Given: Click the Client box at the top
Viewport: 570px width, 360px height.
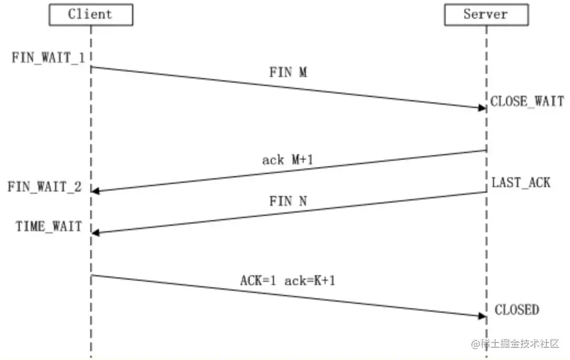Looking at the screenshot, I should pyautogui.click(x=91, y=14).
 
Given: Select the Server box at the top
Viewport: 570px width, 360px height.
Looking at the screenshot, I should pyautogui.click(x=486, y=14).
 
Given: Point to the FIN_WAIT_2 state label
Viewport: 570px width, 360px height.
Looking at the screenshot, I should pyautogui.click(x=45, y=187).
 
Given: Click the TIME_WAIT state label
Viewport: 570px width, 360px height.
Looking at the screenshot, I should pyautogui.click(x=48, y=226).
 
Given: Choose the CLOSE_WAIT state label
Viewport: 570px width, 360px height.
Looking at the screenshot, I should pyautogui.click(x=527, y=101).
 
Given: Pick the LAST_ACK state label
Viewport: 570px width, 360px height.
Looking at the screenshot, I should pyautogui.click(x=520, y=182).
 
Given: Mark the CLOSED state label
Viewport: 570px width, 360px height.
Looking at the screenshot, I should pyautogui.click(x=517, y=310).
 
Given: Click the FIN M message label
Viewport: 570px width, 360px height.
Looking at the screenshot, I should pyautogui.click(x=288, y=73).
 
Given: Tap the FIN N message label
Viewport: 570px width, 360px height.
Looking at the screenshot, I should pyautogui.click(x=288, y=201).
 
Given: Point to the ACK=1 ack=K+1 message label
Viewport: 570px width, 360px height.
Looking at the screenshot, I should pyautogui.click(x=288, y=280).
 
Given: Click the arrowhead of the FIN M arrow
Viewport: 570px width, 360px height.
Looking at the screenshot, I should pyautogui.click(x=482, y=107).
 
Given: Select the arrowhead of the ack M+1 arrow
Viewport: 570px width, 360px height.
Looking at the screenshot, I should pyautogui.click(x=95, y=191).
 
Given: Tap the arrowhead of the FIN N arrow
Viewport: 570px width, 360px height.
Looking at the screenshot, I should pyautogui.click(x=95, y=233).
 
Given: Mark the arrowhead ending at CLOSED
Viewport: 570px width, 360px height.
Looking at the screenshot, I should pyautogui.click(x=482, y=315).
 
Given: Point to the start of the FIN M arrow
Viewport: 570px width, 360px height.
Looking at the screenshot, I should pyautogui.click(x=92, y=67).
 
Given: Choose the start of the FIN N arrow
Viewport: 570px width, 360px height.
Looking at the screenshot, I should pyautogui.click(x=485, y=192).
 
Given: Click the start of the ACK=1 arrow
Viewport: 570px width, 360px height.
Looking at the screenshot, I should pyautogui.click(x=92, y=275).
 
